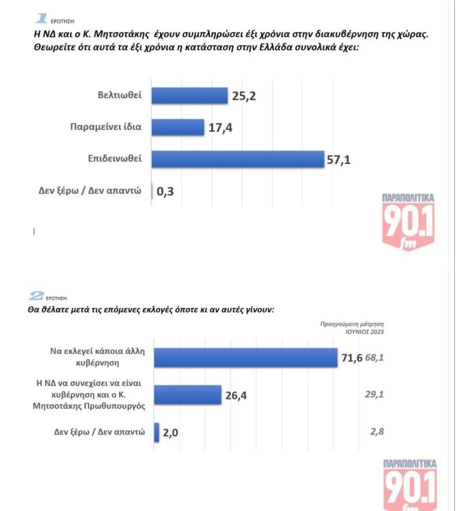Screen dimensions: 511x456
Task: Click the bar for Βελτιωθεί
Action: click(x=189, y=95)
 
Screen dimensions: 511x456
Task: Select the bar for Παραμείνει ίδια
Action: click(x=178, y=127)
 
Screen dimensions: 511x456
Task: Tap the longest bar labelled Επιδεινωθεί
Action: click(x=238, y=159)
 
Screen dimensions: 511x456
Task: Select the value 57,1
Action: click(x=339, y=159)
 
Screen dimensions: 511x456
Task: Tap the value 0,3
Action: click(x=165, y=192)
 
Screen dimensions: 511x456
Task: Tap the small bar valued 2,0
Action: click(x=157, y=432)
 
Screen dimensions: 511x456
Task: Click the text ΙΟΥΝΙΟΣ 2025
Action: click(x=364, y=332)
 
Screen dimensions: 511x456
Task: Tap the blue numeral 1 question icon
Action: click(x=42, y=20)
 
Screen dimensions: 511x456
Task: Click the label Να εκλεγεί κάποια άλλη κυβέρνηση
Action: click(x=92, y=357)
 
